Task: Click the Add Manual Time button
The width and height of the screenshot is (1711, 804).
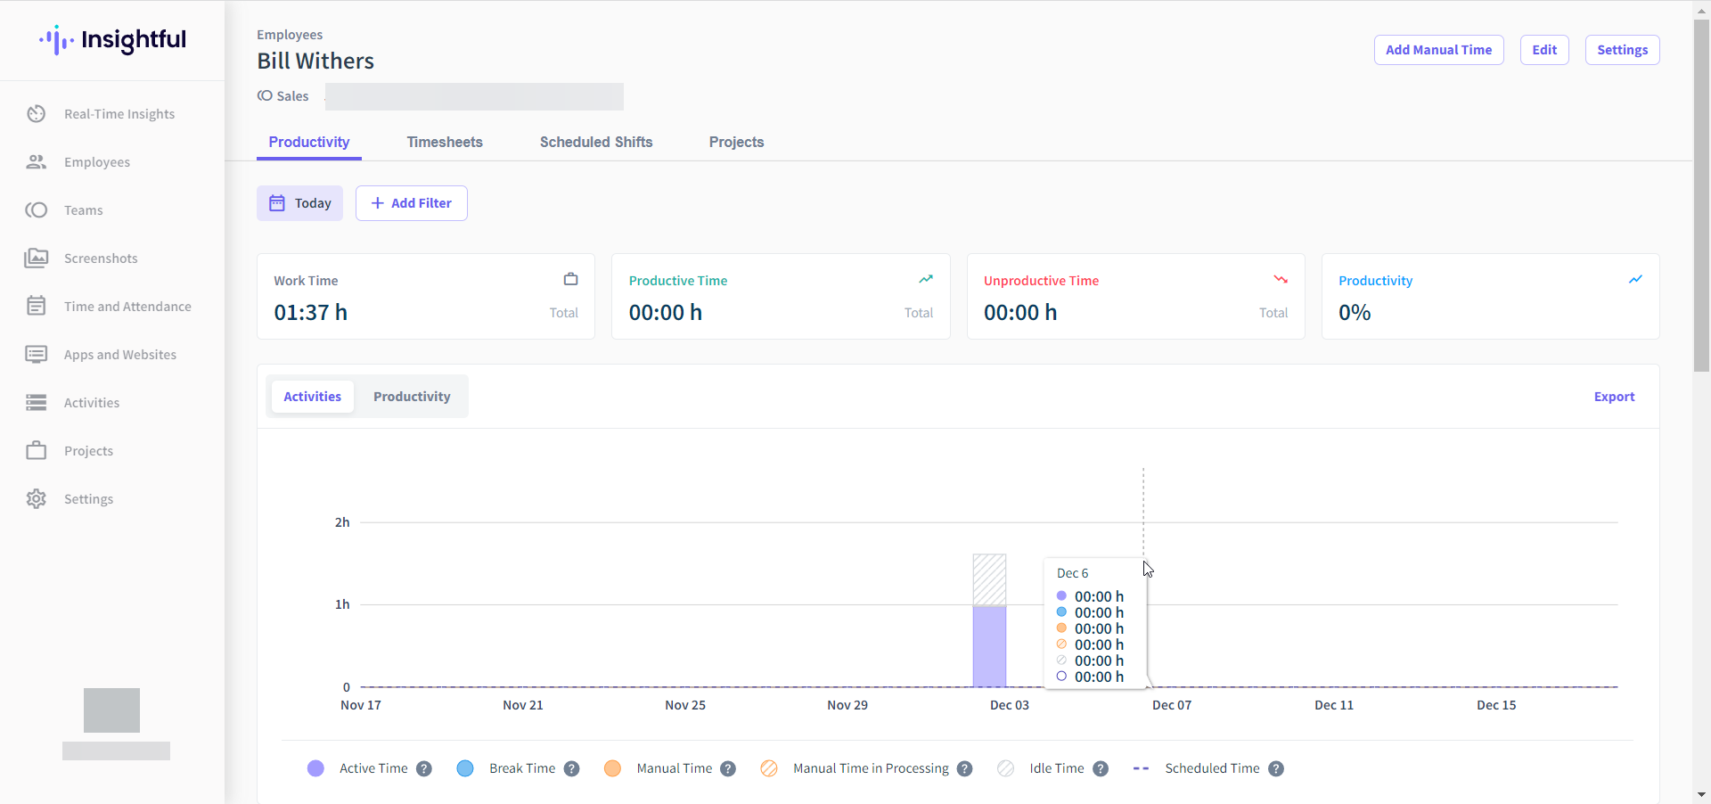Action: click(x=1438, y=50)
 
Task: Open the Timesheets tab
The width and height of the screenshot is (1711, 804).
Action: click(x=445, y=143)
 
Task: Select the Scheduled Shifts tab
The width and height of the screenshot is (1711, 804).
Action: click(x=596, y=143)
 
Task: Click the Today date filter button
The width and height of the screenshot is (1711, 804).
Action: click(x=300, y=203)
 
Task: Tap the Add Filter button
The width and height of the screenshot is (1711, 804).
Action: click(x=412, y=203)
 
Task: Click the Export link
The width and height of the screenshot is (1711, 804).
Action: click(x=1614, y=397)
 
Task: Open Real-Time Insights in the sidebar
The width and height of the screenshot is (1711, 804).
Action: click(x=119, y=114)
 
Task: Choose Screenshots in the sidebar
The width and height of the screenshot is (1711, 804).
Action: click(x=101, y=258)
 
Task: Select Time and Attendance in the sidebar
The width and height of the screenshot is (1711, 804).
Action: click(x=127, y=307)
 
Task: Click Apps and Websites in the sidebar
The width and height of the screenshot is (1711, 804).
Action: click(x=120, y=355)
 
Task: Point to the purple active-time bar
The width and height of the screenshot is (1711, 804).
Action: click(x=989, y=646)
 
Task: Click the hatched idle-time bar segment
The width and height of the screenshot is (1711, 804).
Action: click(x=989, y=579)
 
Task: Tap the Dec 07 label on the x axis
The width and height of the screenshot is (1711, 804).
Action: click(x=1171, y=705)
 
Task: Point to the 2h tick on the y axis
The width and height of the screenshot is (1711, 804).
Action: click(x=342, y=522)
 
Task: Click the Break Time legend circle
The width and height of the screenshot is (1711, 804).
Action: click(x=465, y=768)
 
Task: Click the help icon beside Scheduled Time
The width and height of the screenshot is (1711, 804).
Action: click(x=1276, y=768)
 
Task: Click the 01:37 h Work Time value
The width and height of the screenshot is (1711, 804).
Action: click(x=311, y=313)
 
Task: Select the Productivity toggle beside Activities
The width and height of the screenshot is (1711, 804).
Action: click(x=412, y=397)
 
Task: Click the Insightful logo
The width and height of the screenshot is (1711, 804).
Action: click(x=113, y=40)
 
